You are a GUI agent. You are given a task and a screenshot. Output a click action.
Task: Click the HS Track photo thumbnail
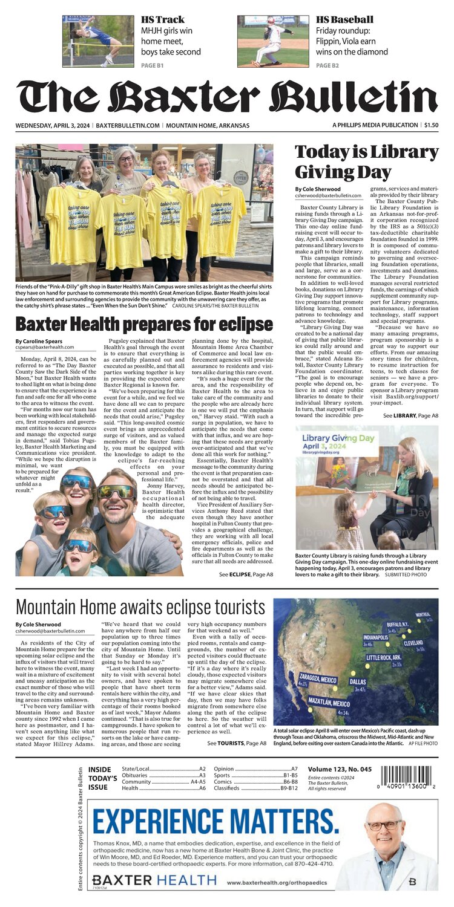pyautogui.click(x=98, y=41)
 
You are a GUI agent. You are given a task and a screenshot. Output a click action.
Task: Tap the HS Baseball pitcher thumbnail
pyautogui.click(x=273, y=41)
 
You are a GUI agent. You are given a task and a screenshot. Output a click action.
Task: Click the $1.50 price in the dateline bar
pyautogui.click(x=431, y=125)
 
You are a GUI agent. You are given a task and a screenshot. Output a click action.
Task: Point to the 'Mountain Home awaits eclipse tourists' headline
pyautogui.click(x=140, y=606)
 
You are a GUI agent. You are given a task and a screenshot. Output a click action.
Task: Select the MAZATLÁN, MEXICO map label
pyautogui.click(x=329, y=703)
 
